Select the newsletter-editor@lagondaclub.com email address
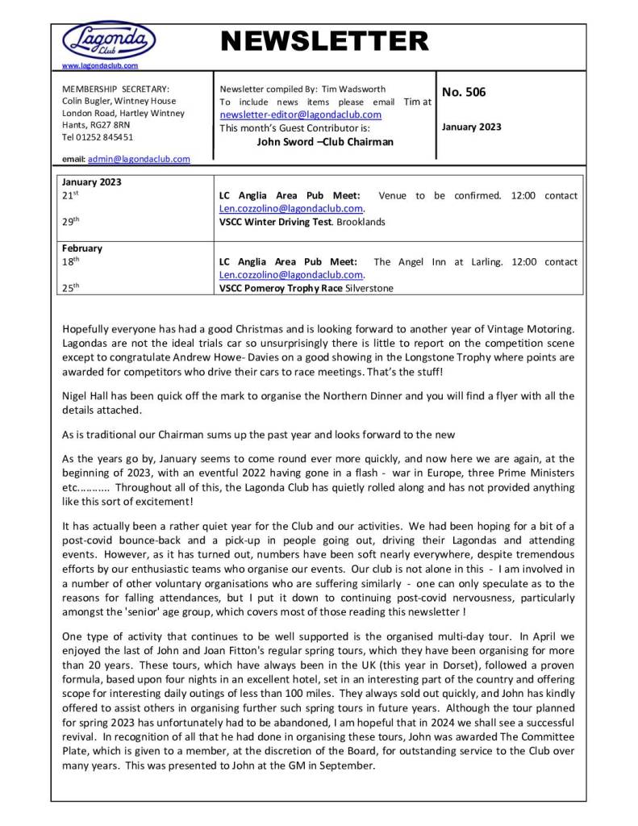pyautogui.click(x=300, y=115)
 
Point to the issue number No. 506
pyautogui.click(x=465, y=92)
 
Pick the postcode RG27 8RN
pyautogui.click(x=110, y=124)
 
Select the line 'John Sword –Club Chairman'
pyautogui.click(x=325, y=141)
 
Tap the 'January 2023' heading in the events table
pyautogui.click(x=91, y=182)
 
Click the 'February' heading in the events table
pyautogui.click(x=82, y=249)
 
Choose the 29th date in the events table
pyautogui.click(x=70, y=221)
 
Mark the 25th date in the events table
pyautogui.click(x=70, y=288)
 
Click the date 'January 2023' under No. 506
pyautogui.click(x=472, y=127)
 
